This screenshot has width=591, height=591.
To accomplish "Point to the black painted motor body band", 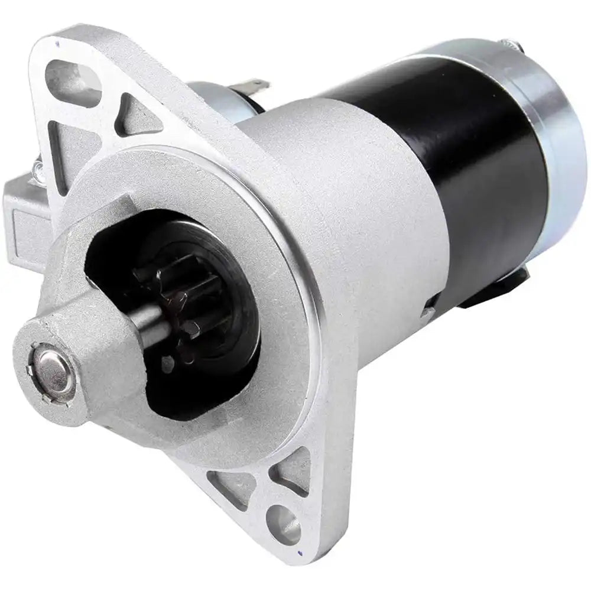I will coord(467,177).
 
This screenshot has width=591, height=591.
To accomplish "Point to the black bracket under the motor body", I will coord(496,290).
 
